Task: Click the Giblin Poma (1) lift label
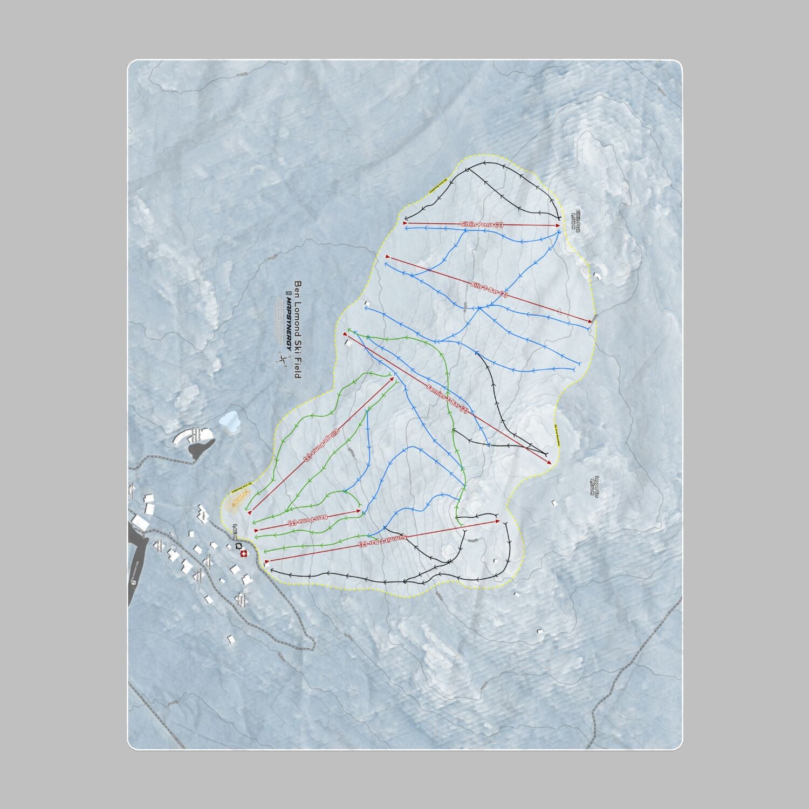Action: point(481,224)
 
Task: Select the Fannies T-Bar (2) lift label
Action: point(447,399)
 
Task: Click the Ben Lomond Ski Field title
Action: point(297,329)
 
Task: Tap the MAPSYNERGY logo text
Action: point(289,324)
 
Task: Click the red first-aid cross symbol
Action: point(243,554)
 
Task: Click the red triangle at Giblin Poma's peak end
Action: point(558,226)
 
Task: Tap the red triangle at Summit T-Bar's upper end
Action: point(498,521)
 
